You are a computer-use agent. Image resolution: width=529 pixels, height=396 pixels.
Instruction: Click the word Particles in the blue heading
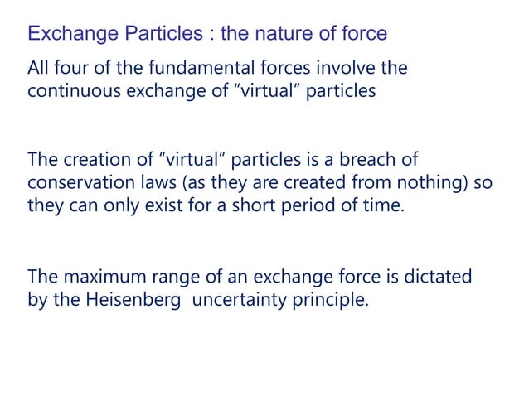coord(163,34)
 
